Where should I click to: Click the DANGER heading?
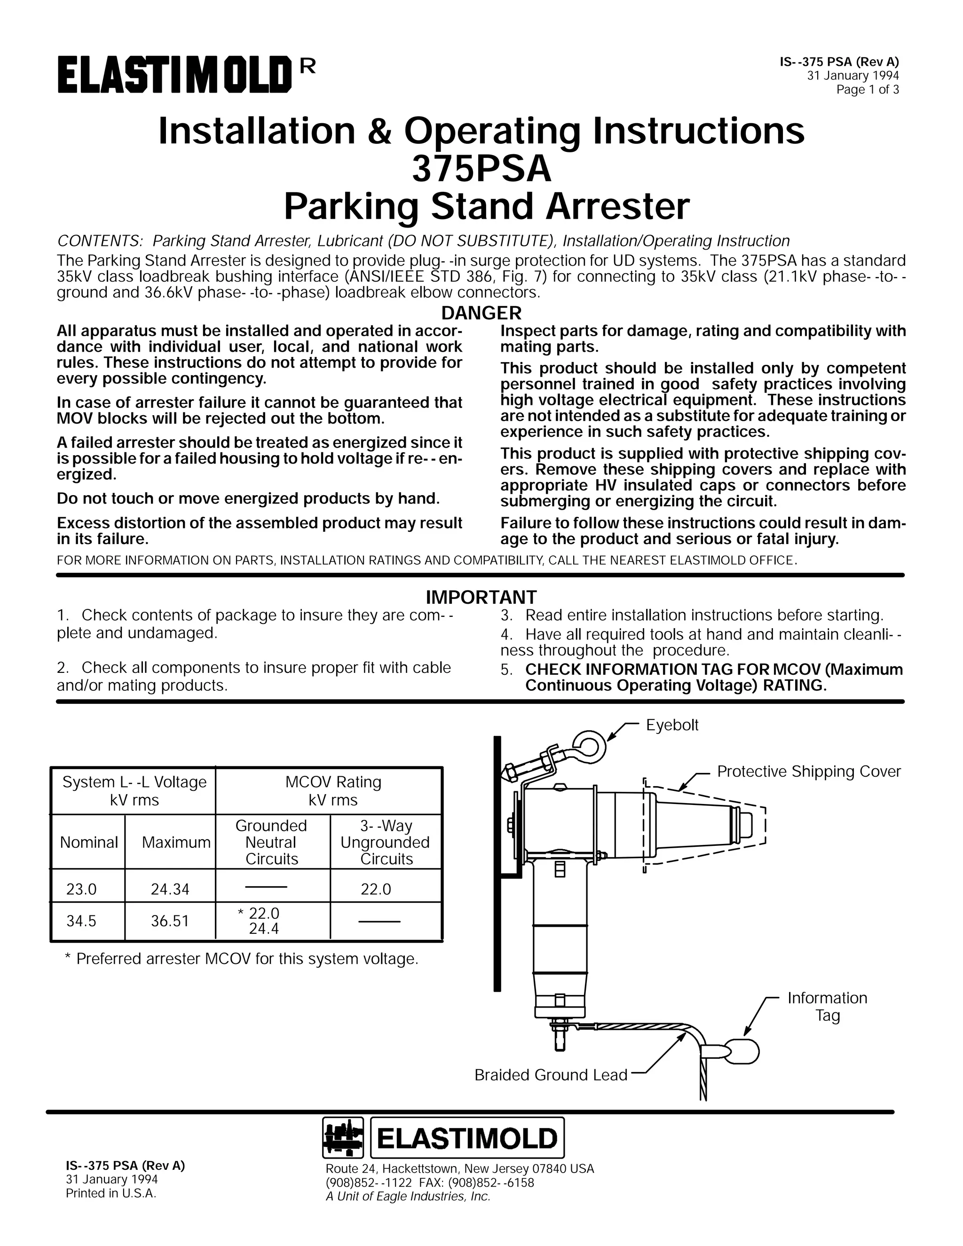click(481, 313)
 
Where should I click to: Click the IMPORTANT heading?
click(481, 597)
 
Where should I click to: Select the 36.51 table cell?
click(170, 921)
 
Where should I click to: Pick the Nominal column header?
click(88, 842)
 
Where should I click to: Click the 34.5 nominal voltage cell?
click(81, 921)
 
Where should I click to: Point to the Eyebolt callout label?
click(671, 725)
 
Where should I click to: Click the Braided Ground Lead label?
click(551, 1075)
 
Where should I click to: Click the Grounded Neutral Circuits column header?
click(272, 842)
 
